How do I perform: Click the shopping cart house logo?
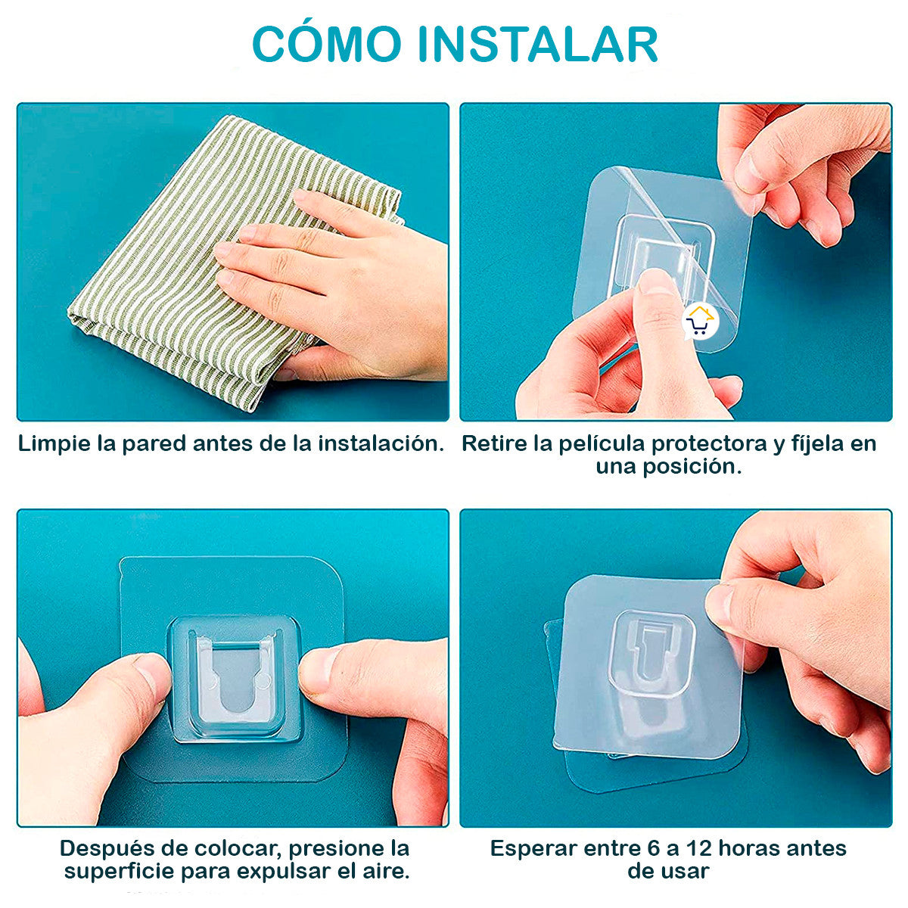pyautogui.click(x=700, y=322)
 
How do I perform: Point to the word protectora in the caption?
pyautogui.click(x=710, y=443)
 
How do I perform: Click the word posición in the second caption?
pyautogui.click(x=691, y=467)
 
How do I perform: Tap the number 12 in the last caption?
pyautogui.click(x=697, y=848)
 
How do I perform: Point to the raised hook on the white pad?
pyautogui.click(x=651, y=651)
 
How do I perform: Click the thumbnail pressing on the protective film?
pyautogui.click(x=655, y=282)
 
